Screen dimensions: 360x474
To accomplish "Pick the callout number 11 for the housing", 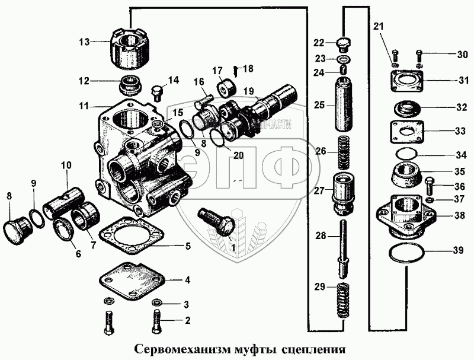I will pos(84,107).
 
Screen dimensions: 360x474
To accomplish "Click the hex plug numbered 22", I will pos(344,44).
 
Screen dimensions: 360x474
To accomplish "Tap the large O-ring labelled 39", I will pos(408,256).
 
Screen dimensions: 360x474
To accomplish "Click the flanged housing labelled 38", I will pos(407,215).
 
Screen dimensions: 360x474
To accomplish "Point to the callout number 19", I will pos(248,91).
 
